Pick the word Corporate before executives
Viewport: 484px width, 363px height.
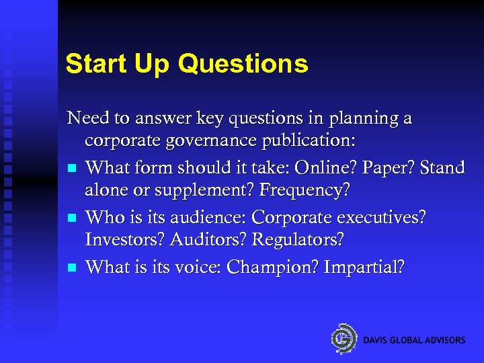(312, 218)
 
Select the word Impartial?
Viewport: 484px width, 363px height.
(364, 267)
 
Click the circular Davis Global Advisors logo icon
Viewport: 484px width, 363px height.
(344, 338)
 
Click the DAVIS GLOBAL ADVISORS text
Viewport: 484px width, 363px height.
(414, 340)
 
